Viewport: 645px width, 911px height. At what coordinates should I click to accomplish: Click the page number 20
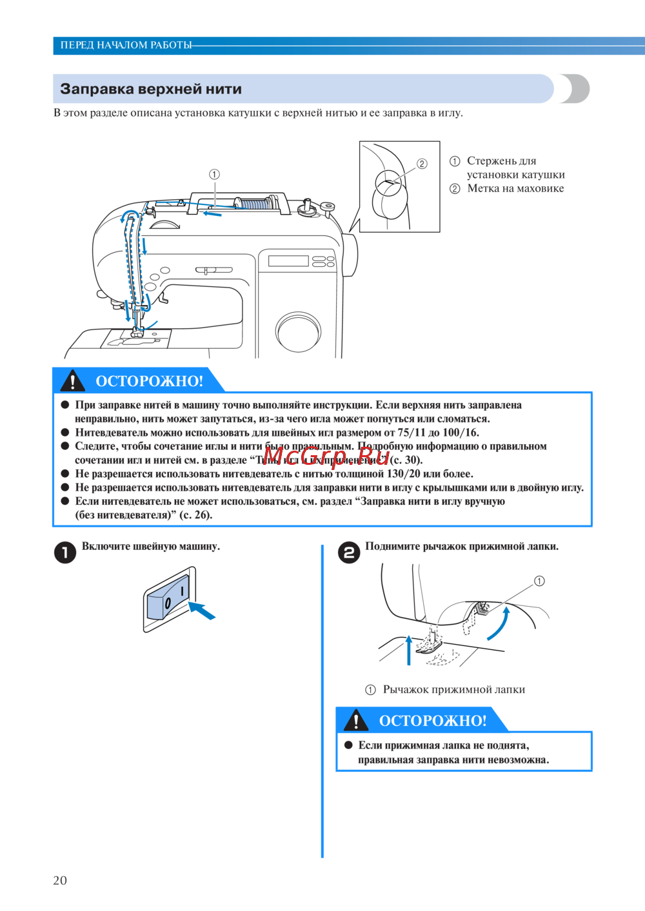coord(60,880)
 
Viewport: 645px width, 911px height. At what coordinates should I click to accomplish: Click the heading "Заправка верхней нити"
coord(151,89)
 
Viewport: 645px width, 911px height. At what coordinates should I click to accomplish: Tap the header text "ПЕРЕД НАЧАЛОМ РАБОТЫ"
coord(126,45)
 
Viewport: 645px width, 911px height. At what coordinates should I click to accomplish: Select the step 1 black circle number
coord(65,552)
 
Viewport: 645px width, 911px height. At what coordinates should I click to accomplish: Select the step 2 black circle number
coord(349,552)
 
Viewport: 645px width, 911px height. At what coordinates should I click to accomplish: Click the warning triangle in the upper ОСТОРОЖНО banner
coord(73,381)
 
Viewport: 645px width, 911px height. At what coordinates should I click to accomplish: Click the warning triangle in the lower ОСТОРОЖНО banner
coord(356,720)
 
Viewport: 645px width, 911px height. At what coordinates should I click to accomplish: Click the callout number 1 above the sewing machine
coord(214,174)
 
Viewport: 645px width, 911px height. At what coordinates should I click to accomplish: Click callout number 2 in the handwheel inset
coord(422,164)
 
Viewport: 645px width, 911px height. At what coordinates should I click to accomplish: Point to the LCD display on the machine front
coord(288,261)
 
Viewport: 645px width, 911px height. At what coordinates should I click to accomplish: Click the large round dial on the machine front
coord(298,332)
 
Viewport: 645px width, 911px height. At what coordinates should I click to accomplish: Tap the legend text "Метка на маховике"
coord(515,188)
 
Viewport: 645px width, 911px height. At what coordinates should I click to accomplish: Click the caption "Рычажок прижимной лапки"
coord(453,689)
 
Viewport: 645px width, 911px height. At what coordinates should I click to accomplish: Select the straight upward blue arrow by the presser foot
coord(408,650)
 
